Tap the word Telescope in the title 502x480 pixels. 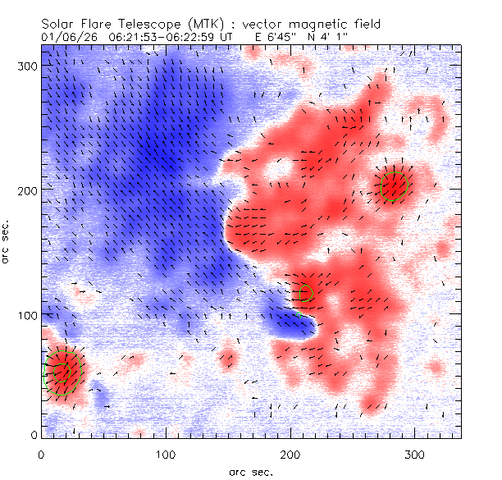point(153,25)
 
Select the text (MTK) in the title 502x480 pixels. point(212,25)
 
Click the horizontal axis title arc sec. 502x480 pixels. point(251,471)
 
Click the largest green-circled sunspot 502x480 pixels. point(63,371)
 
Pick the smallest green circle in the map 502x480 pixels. point(307,291)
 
